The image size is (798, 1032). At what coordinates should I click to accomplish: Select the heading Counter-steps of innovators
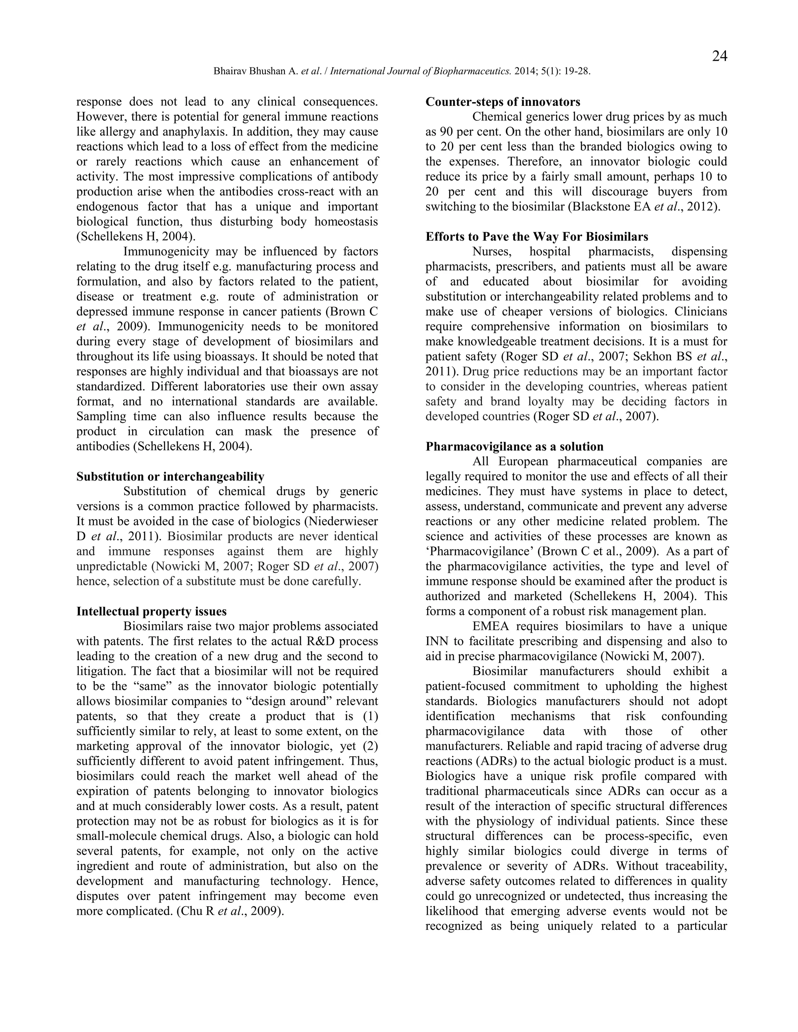pyautogui.click(x=503, y=102)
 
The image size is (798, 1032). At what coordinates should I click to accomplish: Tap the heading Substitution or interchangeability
pyautogui.click(x=170, y=476)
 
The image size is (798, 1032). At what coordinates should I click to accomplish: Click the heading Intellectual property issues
pyautogui.click(x=151, y=611)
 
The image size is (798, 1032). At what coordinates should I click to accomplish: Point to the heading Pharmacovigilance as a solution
pyautogui.click(x=514, y=447)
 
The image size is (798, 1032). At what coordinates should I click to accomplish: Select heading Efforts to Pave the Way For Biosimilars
pyautogui.click(x=537, y=237)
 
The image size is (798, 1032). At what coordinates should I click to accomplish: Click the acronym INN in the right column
pyautogui.click(x=435, y=642)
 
